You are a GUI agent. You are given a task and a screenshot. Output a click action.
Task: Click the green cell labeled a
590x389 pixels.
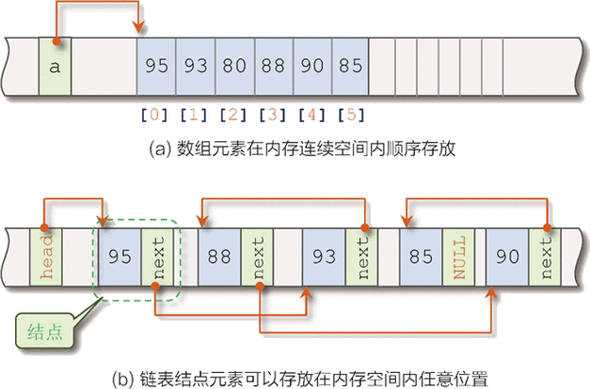[x=56, y=67]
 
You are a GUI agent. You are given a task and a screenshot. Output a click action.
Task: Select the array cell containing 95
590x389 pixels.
[x=157, y=67]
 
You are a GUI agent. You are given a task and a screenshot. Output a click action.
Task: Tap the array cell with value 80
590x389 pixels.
[x=234, y=67]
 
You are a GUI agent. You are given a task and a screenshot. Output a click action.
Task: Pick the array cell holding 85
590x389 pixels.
[x=349, y=67]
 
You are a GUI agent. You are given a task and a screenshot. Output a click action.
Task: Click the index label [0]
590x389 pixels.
[x=153, y=117]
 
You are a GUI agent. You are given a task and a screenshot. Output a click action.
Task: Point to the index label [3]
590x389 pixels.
[x=271, y=117]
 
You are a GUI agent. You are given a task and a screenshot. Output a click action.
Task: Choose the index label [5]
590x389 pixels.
[x=349, y=117]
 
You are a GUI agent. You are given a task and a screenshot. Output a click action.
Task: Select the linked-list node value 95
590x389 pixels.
[x=119, y=256]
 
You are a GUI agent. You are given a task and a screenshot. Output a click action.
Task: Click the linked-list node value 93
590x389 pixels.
[x=323, y=256]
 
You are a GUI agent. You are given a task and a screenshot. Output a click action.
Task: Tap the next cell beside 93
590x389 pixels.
[x=358, y=256]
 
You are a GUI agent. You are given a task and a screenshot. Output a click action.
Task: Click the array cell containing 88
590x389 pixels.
[x=273, y=67]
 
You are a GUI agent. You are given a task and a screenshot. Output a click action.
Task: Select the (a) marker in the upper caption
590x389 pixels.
[x=158, y=148]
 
